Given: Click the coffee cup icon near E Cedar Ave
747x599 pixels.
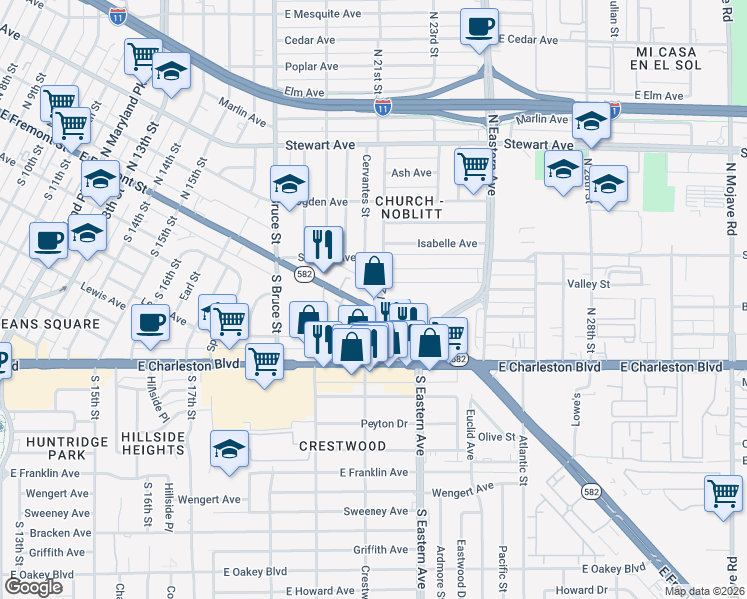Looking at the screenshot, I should click(479, 26).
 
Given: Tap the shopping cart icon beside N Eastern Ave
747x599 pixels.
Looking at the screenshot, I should click(473, 166).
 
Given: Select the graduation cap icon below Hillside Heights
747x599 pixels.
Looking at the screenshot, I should click(229, 450).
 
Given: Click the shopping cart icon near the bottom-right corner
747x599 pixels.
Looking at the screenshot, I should click(723, 493).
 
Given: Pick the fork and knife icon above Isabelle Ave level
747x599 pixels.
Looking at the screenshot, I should click(323, 243).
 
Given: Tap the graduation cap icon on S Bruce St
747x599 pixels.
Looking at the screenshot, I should click(289, 184).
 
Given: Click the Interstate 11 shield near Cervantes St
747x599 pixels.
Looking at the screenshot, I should click(384, 107).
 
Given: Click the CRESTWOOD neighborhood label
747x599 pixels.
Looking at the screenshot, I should click(342, 445).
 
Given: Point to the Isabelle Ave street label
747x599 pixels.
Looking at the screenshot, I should click(447, 243).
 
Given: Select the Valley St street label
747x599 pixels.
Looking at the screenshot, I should click(588, 284).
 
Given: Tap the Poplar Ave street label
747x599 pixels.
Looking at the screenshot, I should click(312, 67).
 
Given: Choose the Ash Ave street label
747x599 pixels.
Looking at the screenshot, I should click(411, 173).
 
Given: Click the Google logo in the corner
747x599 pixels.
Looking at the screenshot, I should click(33, 586).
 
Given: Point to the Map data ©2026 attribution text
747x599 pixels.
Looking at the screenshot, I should click(704, 591).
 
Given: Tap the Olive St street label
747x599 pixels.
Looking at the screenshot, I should click(496, 437).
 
